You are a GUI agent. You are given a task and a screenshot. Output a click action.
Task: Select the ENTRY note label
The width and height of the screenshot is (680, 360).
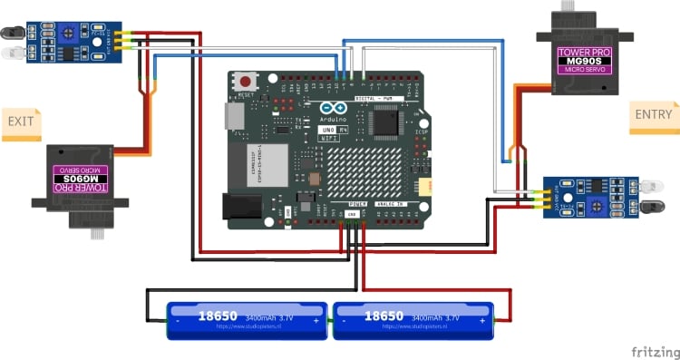[x=654, y=114]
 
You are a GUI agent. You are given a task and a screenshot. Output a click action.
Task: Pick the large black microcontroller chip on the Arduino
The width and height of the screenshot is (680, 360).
[x=387, y=121]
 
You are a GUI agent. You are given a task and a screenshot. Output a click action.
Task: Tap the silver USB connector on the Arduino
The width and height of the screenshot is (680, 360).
[x=234, y=117]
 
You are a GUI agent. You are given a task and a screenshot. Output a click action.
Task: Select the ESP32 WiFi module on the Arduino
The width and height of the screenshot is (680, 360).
[x=268, y=161]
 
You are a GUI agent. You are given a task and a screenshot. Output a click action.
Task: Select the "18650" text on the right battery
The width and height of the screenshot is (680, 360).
[x=384, y=316]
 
